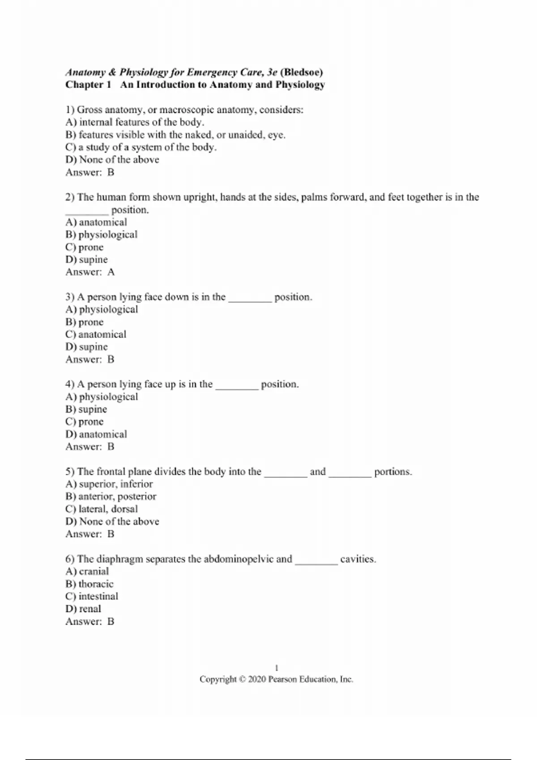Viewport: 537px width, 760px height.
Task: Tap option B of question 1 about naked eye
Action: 175,135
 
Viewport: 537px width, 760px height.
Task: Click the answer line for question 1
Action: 90,173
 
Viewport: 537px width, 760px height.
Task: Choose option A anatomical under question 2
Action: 96,222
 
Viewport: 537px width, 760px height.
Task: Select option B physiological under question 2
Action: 101,235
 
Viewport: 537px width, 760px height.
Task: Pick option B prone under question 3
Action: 85,322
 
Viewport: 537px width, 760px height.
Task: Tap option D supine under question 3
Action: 86,347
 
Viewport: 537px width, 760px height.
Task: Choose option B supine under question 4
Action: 86,410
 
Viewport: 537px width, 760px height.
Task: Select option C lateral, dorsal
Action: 102,509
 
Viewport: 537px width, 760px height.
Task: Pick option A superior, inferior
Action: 109,484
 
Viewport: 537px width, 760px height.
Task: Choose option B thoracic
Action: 89,584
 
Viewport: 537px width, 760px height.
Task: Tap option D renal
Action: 83,609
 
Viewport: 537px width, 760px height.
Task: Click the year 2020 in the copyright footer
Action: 257,680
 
